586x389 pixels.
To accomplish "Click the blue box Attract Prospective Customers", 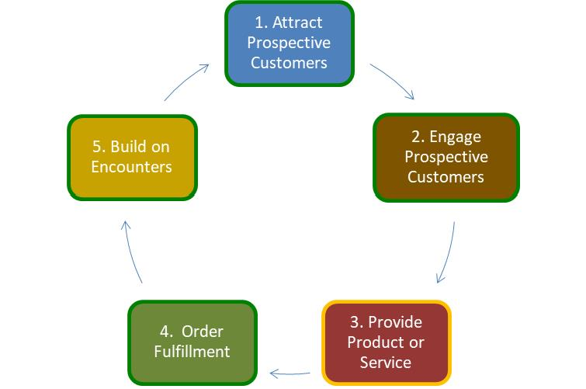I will [289, 43].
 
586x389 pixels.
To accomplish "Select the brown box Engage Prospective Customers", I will [446, 157].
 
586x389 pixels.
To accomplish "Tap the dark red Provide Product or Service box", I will [386, 342].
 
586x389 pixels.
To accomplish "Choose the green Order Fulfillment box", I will [191, 342].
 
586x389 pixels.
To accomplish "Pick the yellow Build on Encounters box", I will [132, 157].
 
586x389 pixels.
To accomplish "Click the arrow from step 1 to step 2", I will [393, 82].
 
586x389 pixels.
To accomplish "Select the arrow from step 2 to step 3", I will [447, 253].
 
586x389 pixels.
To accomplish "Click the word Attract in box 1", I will [300, 23].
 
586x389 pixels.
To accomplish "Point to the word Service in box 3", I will [386, 362].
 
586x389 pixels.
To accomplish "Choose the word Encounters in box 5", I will [132, 167].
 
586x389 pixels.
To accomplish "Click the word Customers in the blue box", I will [289, 62].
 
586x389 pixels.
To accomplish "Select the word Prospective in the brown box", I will [446, 157].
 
